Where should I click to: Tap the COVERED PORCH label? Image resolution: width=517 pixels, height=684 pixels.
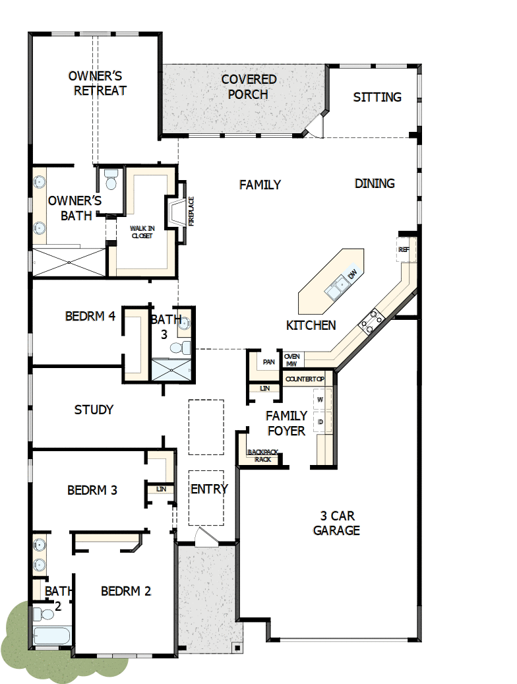pos(249,86)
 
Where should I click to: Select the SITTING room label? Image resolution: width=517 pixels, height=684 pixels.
pos(377,97)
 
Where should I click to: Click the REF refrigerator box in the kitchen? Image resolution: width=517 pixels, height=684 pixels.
pos(404,250)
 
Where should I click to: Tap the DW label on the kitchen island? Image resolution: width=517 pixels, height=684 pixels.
pos(353,274)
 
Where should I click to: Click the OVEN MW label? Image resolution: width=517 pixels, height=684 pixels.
pos(291,359)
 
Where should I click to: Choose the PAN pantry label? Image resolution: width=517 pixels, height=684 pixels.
pos(268,361)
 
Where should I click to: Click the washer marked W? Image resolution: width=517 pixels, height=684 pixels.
pos(321,400)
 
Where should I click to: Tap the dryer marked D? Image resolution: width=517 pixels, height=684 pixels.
pos(321,421)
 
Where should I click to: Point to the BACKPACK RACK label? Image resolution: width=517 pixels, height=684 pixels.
pos(262,455)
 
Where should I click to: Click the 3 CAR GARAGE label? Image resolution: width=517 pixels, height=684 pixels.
pos(336,523)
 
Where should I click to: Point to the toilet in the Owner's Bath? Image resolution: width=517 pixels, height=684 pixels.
pos(110,179)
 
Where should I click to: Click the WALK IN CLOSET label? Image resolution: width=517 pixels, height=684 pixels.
pos(142,232)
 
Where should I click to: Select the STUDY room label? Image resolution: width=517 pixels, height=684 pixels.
pos(94,410)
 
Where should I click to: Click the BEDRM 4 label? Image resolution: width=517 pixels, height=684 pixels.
pos(90,316)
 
